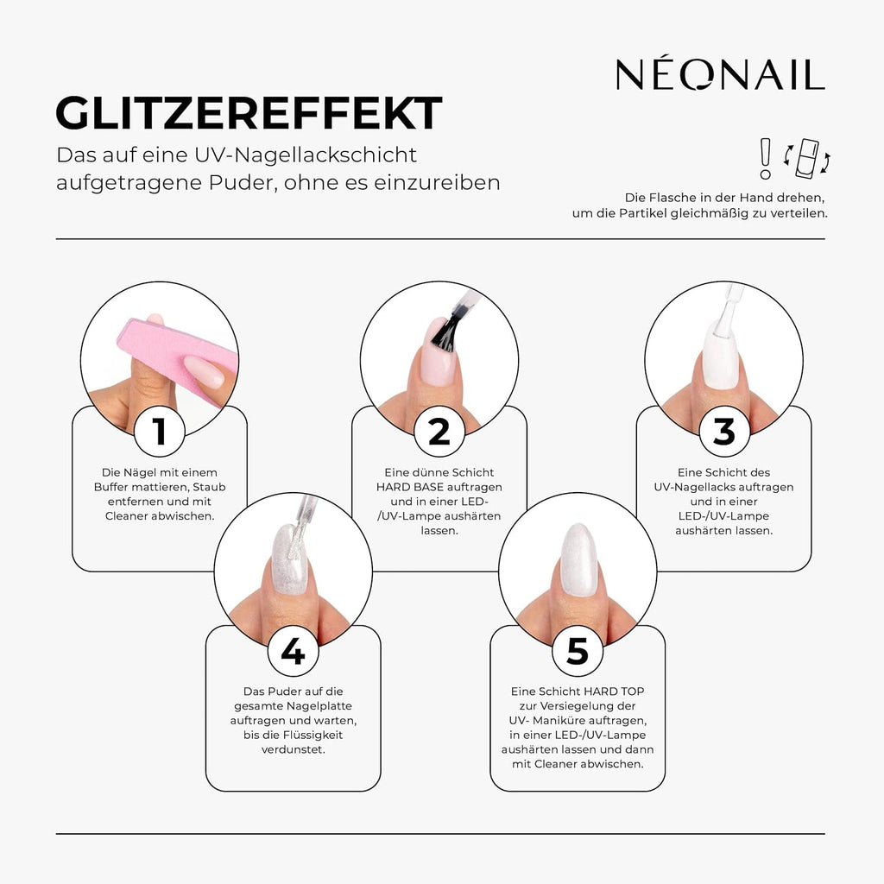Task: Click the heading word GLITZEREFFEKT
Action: [249, 113]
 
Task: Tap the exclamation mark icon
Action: [763, 157]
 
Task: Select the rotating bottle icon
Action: [807, 157]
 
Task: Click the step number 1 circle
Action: [159, 432]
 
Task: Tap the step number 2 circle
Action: [439, 432]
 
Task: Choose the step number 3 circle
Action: [723, 432]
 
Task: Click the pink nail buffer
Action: [173, 354]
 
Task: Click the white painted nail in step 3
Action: [720, 354]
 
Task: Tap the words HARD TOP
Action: [614, 691]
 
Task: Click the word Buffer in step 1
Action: [116, 487]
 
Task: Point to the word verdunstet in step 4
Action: [293, 749]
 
